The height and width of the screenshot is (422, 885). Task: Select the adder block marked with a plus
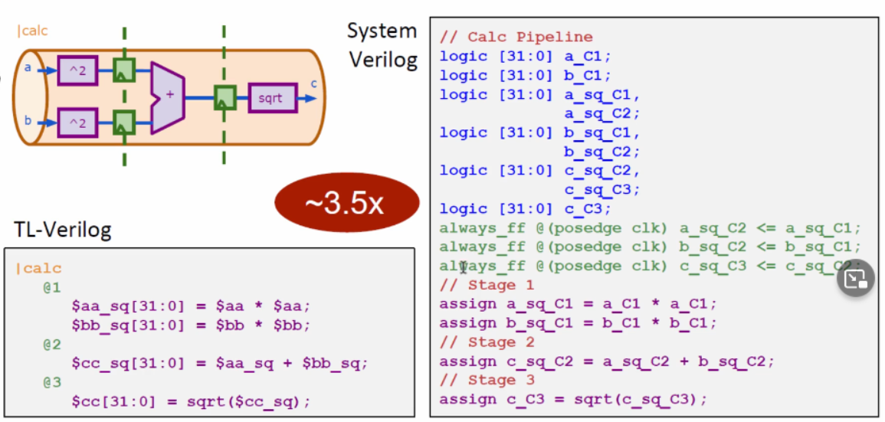click(168, 98)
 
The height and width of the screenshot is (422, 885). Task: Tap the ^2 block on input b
click(77, 123)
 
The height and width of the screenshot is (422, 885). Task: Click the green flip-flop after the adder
click(224, 98)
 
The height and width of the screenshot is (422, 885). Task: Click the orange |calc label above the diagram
click(31, 31)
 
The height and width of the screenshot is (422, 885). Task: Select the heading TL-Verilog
click(62, 228)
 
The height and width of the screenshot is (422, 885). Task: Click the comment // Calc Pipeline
click(516, 37)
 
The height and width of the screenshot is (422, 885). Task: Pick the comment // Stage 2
click(487, 342)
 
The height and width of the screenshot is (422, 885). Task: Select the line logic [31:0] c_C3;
click(525, 208)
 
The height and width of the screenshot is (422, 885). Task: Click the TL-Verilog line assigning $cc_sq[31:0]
click(220, 363)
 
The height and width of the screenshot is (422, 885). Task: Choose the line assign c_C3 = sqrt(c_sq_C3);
click(573, 399)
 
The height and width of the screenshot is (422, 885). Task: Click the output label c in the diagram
click(313, 84)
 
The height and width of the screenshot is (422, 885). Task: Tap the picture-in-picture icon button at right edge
click(855, 279)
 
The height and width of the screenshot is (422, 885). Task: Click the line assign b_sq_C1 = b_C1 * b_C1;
click(578, 322)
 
